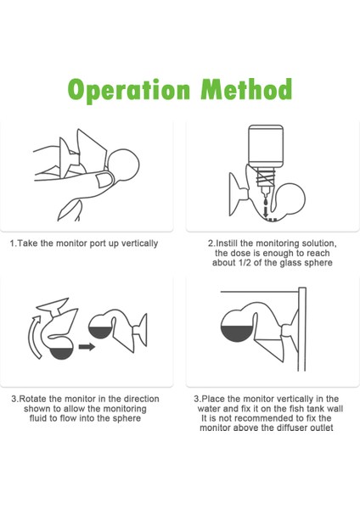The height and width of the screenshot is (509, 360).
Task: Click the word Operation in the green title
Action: [129, 90]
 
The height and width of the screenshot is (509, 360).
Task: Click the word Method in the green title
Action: [246, 88]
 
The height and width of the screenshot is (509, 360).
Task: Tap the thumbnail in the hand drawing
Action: [104, 180]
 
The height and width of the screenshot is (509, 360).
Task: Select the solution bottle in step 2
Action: [266, 146]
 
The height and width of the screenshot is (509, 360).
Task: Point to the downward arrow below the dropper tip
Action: [266, 211]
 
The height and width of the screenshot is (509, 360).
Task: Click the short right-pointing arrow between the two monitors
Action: [87, 347]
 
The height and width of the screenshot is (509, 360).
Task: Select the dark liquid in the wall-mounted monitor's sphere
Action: [237, 332]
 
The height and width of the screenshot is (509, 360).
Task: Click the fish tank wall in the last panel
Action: [302, 329]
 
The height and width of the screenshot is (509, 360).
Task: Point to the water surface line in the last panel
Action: [259, 292]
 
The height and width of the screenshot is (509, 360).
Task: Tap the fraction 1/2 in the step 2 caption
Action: [245, 263]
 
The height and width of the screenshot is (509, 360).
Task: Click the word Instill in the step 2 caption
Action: [225, 243]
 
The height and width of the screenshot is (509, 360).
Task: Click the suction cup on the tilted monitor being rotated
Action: [53, 305]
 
